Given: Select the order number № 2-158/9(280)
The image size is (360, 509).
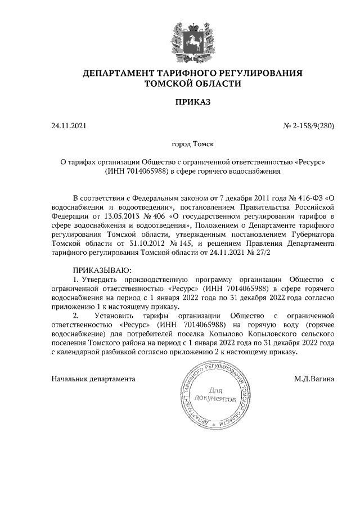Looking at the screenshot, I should coord(308,126).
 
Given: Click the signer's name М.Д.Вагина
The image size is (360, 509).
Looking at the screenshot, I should coord(314,379).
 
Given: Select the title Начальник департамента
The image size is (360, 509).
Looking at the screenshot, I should coord(93,379).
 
